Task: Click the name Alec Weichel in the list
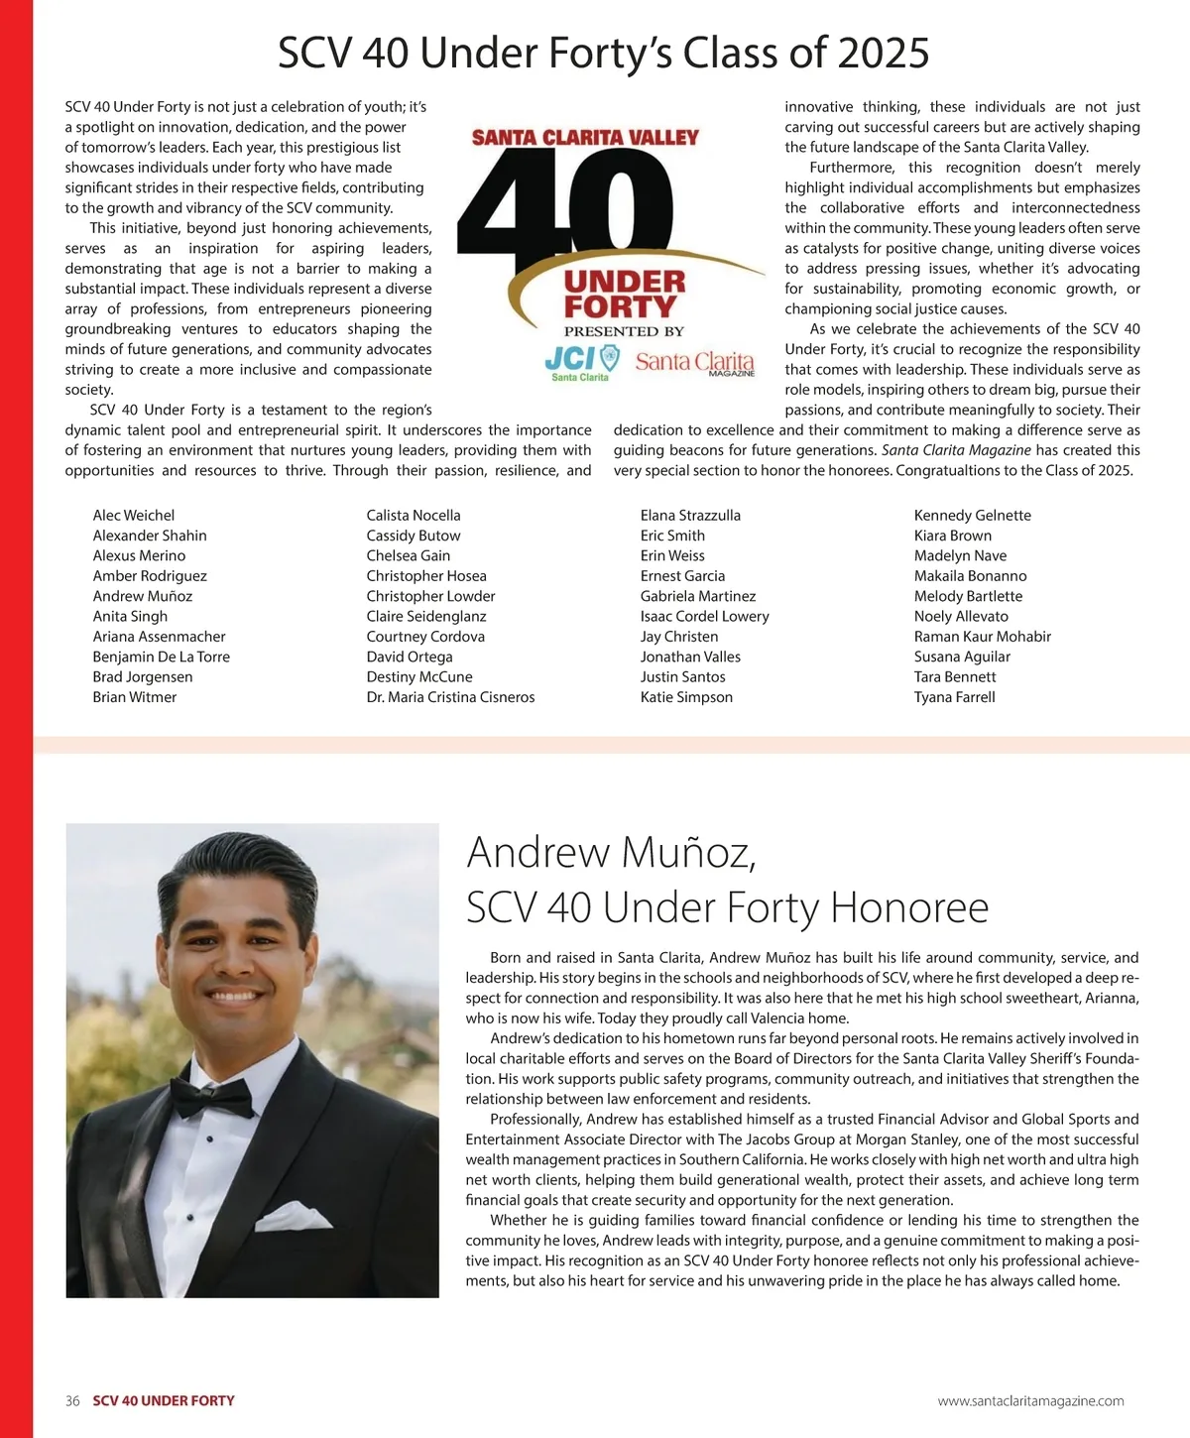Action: (x=134, y=516)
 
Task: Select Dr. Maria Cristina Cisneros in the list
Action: (x=450, y=697)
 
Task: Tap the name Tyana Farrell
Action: (x=954, y=697)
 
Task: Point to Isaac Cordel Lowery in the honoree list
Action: (x=704, y=616)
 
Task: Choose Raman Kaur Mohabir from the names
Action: (x=982, y=637)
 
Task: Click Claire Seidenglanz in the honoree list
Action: (x=426, y=616)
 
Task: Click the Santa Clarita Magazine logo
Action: (x=694, y=363)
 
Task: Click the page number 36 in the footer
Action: (x=72, y=1401)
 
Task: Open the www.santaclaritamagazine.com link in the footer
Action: (x=1030, y=1401)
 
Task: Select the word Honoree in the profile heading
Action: (x=909, y=907)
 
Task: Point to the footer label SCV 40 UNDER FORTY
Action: (x=164, y=1401)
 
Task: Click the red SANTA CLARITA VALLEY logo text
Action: (x=585, y=138)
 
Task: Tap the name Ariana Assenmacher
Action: (x=159, y=637)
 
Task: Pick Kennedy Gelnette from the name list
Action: (x=972, y=516)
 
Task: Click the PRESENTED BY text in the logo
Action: (x=624, y=331)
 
